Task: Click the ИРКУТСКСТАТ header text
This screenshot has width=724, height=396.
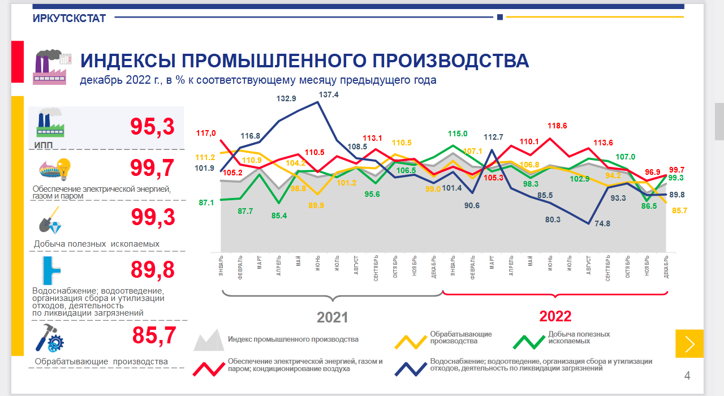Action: [70, 18]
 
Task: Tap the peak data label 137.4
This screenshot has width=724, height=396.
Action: [329, 95]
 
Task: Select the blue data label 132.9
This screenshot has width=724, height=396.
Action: [286, 98]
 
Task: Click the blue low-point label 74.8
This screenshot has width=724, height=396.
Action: [603, 223]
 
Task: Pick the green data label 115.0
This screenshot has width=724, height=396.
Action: [458, 134]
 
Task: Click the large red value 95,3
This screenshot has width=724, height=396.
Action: [152, 127]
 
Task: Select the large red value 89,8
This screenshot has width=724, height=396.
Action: [152, 270]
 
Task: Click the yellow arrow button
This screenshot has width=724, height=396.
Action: [689, 343]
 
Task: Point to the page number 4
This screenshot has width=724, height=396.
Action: [687, 376]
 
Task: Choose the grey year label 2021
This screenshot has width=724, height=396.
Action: [332, 317]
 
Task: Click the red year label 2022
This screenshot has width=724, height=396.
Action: [555, 316]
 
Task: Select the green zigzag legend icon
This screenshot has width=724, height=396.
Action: [528, 340]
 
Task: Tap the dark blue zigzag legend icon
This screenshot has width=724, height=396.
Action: [411, 367]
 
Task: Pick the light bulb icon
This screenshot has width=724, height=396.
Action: [63, 168]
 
